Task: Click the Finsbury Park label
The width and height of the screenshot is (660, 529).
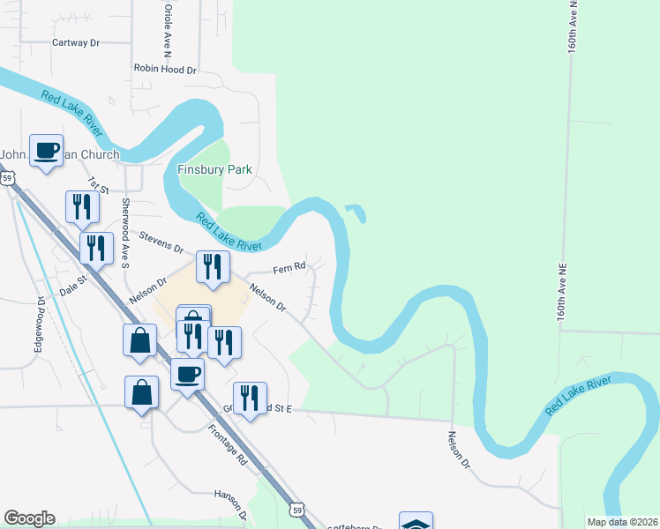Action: (x=214, y=169)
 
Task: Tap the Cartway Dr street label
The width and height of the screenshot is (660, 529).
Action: (x=77, y=42)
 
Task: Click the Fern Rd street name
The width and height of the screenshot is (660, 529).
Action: (x=289, y=267)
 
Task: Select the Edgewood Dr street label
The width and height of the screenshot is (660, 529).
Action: (x=40, y=325)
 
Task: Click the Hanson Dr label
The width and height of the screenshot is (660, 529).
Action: (x=229, y=499)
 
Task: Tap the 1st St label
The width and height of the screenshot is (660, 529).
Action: (x=97, y=184)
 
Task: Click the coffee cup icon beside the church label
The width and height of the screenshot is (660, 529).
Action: (x=46, y=150)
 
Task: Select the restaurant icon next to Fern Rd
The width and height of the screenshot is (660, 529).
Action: (x=213, y=266)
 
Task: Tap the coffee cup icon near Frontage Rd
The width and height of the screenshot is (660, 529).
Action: (x=187, y=374)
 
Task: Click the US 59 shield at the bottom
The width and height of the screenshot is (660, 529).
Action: (x=298, y=510)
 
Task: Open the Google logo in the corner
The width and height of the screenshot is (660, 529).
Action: (x=30, y=518)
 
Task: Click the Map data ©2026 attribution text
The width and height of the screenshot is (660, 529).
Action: (x=622, y=522)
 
